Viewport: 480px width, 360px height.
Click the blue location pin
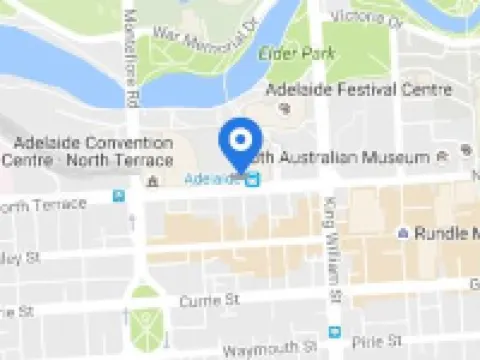click(x=240, y=145)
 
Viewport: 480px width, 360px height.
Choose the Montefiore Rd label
click(x=131, y=60)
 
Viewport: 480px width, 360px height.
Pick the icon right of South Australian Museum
click(x=445, y=158)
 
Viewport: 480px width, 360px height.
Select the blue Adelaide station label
click(x=213, y=179)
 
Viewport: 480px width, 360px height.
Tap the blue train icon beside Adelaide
click(x=253, y=180)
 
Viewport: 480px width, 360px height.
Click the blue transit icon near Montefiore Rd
click(x=119, y=196)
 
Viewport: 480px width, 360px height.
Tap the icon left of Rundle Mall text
click(x=402, y=233)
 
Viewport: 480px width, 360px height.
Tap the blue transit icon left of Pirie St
click(x=335, y=332)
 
